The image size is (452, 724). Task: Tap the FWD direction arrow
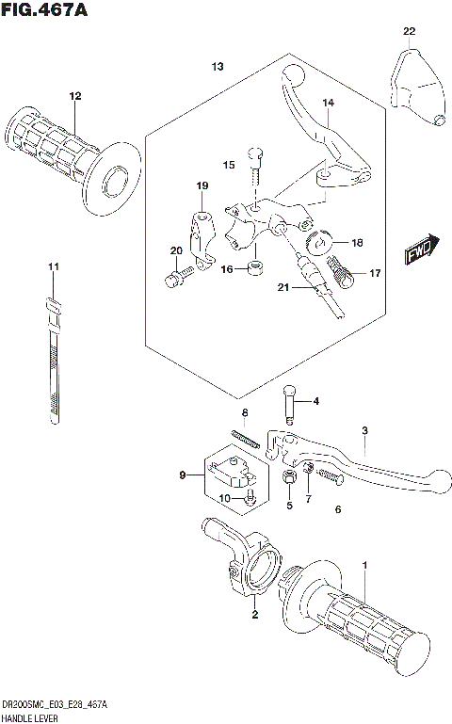point(417,250)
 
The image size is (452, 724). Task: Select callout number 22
point(409,32)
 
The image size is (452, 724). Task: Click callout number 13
point(218,67)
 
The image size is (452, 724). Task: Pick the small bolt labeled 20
point(176,277)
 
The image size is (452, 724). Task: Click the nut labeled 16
point(253,269)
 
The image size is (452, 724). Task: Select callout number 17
point(375,274)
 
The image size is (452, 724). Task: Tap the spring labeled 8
point(246,437)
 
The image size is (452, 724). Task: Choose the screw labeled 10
point(248,500)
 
